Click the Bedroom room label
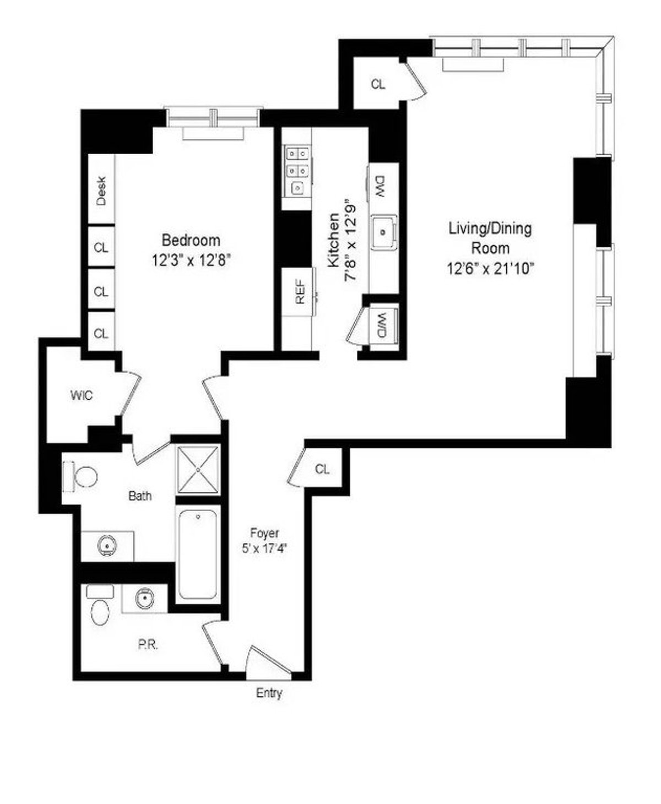click(191, 241)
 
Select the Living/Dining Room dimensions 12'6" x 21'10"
click(490, 268)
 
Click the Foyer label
click(264, 533)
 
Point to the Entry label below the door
click(269, 693)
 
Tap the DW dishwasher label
click(380, 187)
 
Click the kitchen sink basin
click(383, 232)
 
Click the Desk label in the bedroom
click(101, 191)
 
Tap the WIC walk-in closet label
click(81, 395)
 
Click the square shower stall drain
click(198, 467)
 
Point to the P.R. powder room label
click(148, 645)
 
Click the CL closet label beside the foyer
click(322, 469)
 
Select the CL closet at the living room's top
click(378, 85)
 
